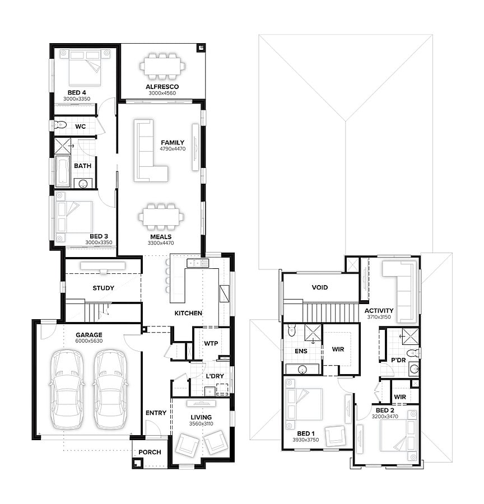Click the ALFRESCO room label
click(162, 86)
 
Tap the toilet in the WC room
click(59, 124)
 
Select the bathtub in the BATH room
click(63, 171)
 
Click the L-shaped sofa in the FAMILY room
click(151, 151)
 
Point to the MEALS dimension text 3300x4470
click(161, 243)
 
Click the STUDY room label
click(103, 288)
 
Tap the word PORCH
click(150, 452)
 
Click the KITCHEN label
click(188, 312)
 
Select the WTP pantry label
click(211, 343)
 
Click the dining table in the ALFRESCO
click(162, 66)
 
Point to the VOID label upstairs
click(320, 287)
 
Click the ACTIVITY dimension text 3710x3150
click(379, 317)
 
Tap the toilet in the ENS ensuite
click(292, 330)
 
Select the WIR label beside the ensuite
click(338, 349)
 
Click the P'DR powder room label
click(398, 360)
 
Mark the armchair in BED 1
click(335, 436)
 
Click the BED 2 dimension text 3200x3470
click(385, 417)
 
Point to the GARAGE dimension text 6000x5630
click(89, 341)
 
